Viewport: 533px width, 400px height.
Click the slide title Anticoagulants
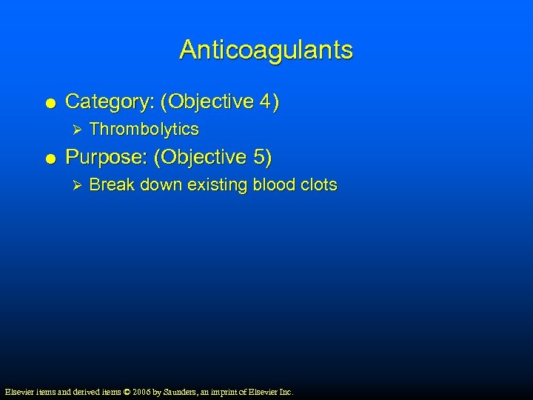[x=266, y=50]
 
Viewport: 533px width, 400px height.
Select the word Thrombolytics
[x=144, y=130]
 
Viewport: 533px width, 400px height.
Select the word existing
[x=219, y=185]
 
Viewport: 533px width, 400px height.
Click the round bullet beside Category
[x=48, y=103]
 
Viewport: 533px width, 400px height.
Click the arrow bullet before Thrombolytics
[x=73, y=130]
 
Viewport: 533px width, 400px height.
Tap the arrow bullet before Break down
[x=73, y=185]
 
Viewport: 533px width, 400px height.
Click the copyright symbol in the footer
[x=127, y=391]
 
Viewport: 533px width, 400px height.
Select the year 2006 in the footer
[x=141, y=391]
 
